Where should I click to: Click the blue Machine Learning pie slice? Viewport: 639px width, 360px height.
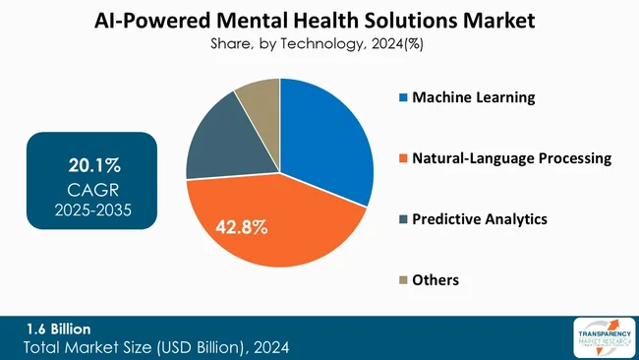(x=329, y=138)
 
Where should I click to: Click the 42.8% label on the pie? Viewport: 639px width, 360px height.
(x=240, y=228)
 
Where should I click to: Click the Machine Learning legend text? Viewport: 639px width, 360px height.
(x=473, y=97)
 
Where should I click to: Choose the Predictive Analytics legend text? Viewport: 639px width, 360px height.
(x=479, y=219)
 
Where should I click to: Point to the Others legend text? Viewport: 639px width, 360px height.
(x=436, y=280)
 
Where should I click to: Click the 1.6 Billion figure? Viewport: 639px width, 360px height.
(x=58, y=330)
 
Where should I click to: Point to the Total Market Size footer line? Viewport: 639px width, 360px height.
(x=157, y=347)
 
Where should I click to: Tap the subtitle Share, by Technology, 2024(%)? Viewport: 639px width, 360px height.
(x=319, y=43)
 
